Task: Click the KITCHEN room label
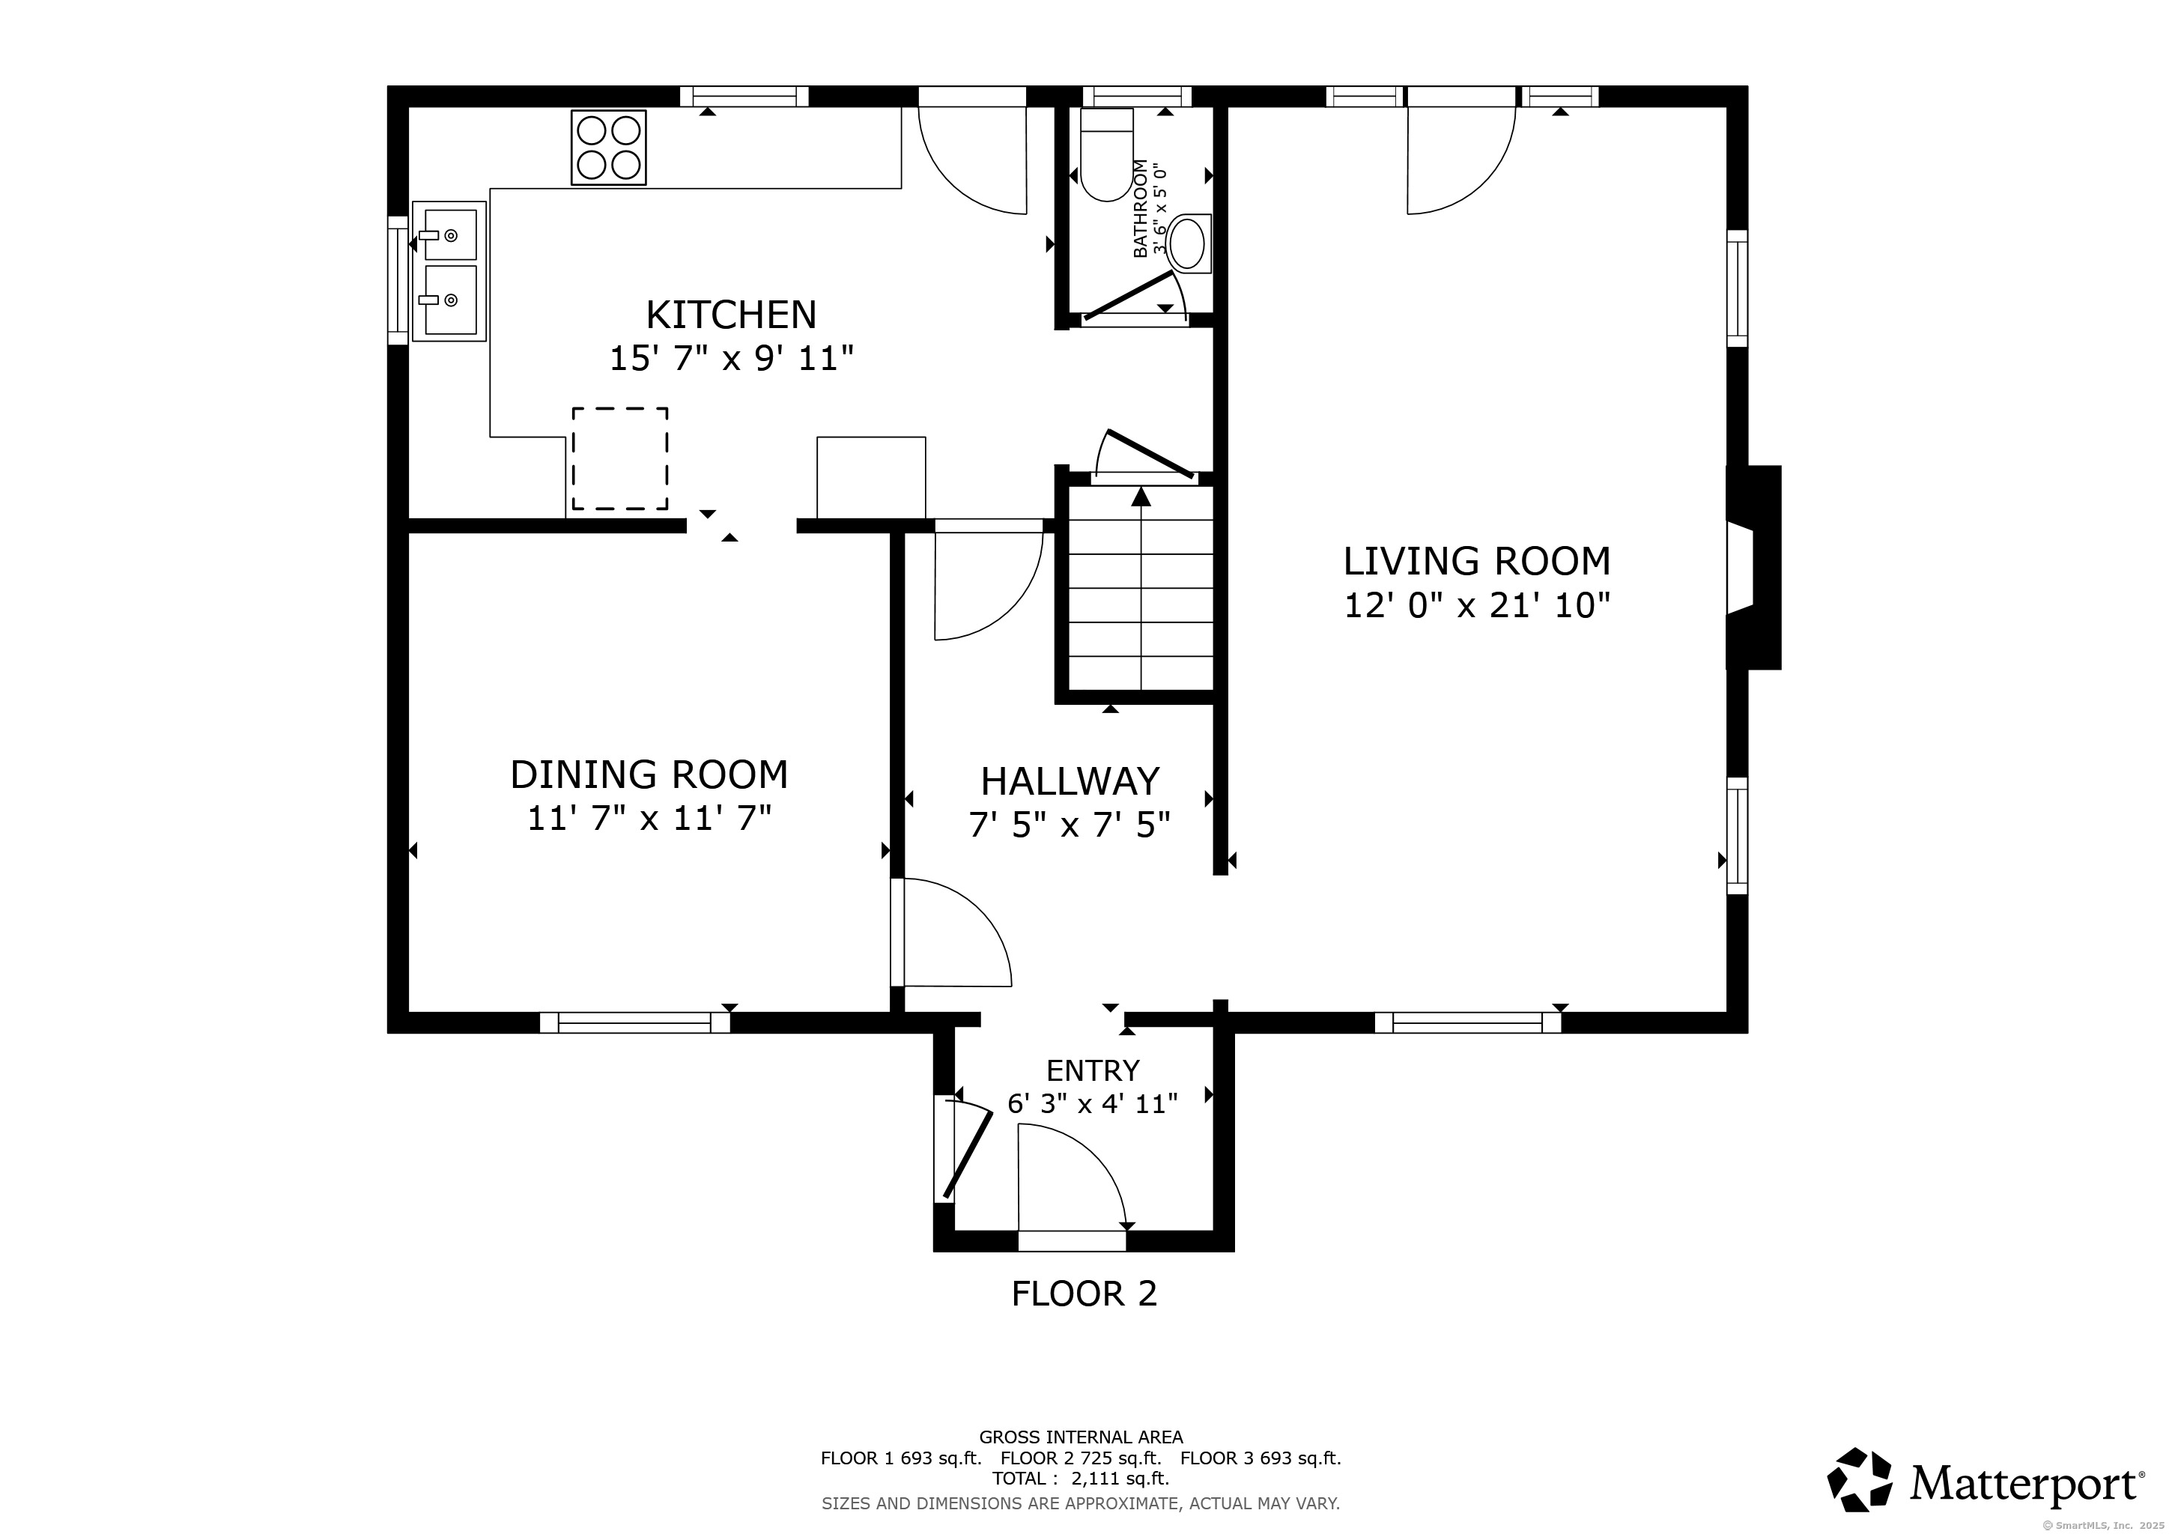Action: pyautogui.click(x=731, y=315)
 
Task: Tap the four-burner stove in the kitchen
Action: pyautogui.click(x=608, y=148)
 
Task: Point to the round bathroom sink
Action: pyautogui.click(x=1187, y=243)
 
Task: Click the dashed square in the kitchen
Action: pyautogui.click(x=619, y=459)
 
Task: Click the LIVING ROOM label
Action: pyautogui.click(x=1476, y=561)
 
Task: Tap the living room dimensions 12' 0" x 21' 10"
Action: pyautogui.click(x=1476, y=605)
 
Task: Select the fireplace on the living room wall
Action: pyautogui.click(x=1753, y=568)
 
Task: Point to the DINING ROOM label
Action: pyautogui.click(x=649, y=774)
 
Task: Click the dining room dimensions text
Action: pyautogui.click(x=649, y=818)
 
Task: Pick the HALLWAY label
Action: pyautogui.click(x=1070, y=782)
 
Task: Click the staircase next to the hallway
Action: pyautogui.click(x=1141, y=589)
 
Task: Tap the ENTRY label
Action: pyautogui.click(x=1092, y=1070)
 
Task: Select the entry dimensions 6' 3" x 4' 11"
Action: pyautogui.click(x=1092, y=1103)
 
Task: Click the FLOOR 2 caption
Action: pyautogui.click(x=1084, y=1293)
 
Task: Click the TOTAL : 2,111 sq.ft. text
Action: pyautogui.click(x=1081, y=1479)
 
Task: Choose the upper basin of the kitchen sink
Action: pyautogui.click(x=449, y=234)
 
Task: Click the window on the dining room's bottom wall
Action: pyautogui.click(x=635, y=1022)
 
